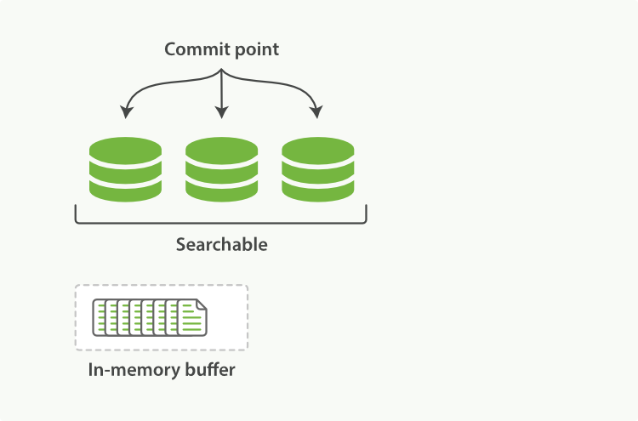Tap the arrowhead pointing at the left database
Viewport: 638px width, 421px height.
tap(127, 111)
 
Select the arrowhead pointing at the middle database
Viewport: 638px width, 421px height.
tap(221, 111)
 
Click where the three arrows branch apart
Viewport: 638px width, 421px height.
tap(221, 72)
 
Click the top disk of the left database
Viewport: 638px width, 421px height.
tap(125, 148)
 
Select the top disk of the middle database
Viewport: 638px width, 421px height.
tap(221, 148)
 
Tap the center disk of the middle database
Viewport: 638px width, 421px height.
tap(221, 169)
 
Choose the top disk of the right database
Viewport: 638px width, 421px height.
tap(317, 148)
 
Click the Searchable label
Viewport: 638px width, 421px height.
tap(221, 245)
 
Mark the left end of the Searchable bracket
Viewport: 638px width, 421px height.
tap(77, 213)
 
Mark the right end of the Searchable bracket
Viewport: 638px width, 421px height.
tap(366, 213)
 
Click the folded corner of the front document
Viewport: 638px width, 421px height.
tap(201, 304)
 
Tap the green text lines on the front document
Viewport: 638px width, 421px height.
tap(191, 321)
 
